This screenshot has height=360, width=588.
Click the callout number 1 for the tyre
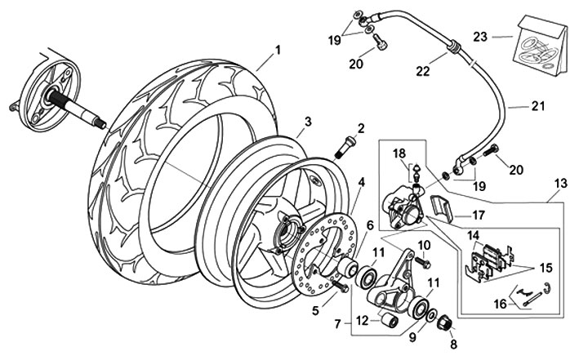pos(278,50)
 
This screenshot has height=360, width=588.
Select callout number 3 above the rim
pos(308,121)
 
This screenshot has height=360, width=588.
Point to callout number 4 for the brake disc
pos(361,182)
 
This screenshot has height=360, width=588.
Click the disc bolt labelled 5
pos(341,287)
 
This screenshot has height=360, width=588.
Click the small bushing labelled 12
pos(389,321)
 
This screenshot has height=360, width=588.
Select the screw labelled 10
pos(422,262)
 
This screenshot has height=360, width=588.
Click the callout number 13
pos(561,184)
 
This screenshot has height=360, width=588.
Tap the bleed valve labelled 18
pos(416,171)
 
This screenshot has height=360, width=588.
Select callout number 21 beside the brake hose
pos(538,106)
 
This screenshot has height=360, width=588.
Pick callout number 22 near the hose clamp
pos(422,71)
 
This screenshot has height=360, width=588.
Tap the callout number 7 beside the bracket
pos(337,323)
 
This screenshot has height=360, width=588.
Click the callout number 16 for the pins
pos(501,304)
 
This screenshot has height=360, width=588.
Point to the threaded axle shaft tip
pos(101,125)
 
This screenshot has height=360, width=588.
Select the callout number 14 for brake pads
pos(473,236)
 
